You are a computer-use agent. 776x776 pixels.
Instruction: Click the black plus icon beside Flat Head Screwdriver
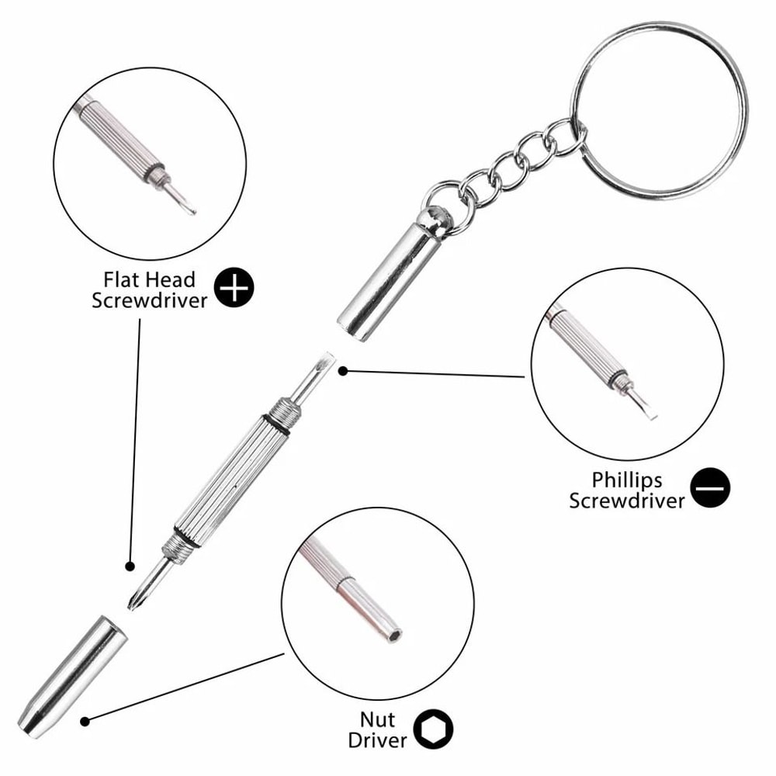236,288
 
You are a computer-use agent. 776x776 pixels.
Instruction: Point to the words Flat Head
149,279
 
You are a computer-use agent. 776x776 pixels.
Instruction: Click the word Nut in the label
376,719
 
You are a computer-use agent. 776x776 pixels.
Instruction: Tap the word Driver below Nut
377,740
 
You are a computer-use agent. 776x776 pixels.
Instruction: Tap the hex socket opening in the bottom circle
394,634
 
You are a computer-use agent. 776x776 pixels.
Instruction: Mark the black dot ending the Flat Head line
130,566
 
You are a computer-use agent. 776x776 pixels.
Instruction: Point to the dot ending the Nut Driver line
85,721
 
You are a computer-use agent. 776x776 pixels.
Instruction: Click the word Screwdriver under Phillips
627,501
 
